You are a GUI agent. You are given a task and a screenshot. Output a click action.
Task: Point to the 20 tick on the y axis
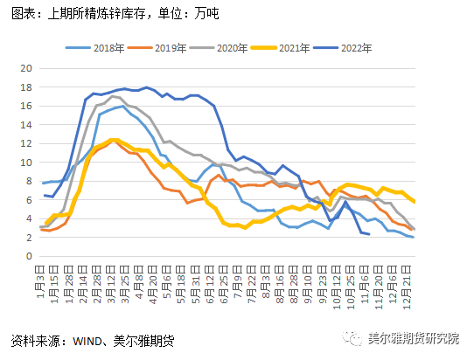click(x=25, y=68)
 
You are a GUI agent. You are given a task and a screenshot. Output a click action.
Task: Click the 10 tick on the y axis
click(x=25, y=163)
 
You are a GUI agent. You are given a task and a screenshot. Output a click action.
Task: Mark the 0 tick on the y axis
click(x=29, y=257)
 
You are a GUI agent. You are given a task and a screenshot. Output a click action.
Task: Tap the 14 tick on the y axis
click(x=25, y=125)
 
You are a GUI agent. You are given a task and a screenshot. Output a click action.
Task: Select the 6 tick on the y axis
click(x=29, y=200)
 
